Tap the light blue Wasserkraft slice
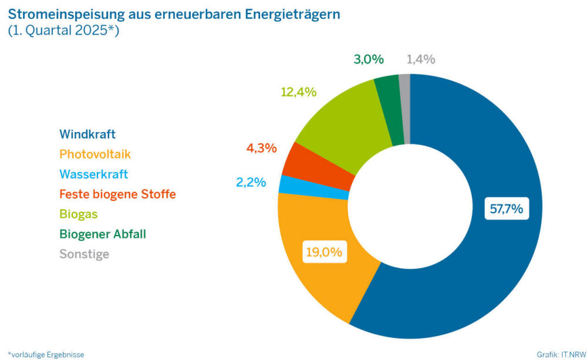pyautogui.click(x=286, y=185)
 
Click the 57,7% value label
pyautogui.click(x=507, y=208)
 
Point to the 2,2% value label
pyautogui.click(x=251, y=182)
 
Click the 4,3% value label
pyautogui.click(x=261, y=148)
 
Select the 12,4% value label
pyautogui.click(x=299, y=92)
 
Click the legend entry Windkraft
pyautogui.click(x=87, y=134)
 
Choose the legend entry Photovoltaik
pyautogui.click(x=95, y=154)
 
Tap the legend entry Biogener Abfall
pyautogui.click(x=103, y=234)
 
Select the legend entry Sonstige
pyautogui.click(x=84, y=254)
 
